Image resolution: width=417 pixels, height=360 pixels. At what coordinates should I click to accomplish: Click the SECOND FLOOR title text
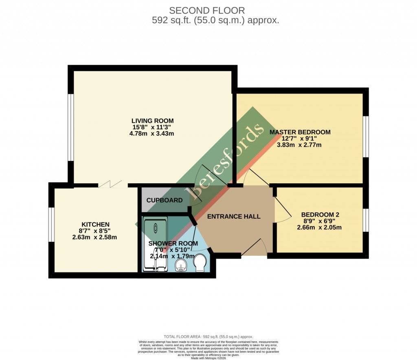(207, 10)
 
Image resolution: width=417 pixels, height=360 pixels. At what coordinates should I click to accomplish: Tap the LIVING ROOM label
(152, 121)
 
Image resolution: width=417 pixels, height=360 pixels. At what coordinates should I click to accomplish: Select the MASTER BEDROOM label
(300, 132)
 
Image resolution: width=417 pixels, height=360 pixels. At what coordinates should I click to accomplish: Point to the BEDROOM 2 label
(320, 215)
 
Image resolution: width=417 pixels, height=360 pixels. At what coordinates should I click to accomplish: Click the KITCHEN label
(96, 224)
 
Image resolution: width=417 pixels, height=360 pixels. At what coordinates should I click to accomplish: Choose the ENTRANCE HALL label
(234, 216)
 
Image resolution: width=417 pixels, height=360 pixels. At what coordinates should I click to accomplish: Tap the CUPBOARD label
(165, 200)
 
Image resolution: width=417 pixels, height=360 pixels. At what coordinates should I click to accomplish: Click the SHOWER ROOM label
(173, 244)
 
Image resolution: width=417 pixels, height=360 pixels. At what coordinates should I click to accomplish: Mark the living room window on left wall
(71, 127)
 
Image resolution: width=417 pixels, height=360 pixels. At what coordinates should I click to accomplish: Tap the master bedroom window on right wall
(366, 137)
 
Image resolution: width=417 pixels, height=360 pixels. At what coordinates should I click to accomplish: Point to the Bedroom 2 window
(366, 220)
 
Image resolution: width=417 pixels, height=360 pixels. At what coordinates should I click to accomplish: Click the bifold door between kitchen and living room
(112, 185)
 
